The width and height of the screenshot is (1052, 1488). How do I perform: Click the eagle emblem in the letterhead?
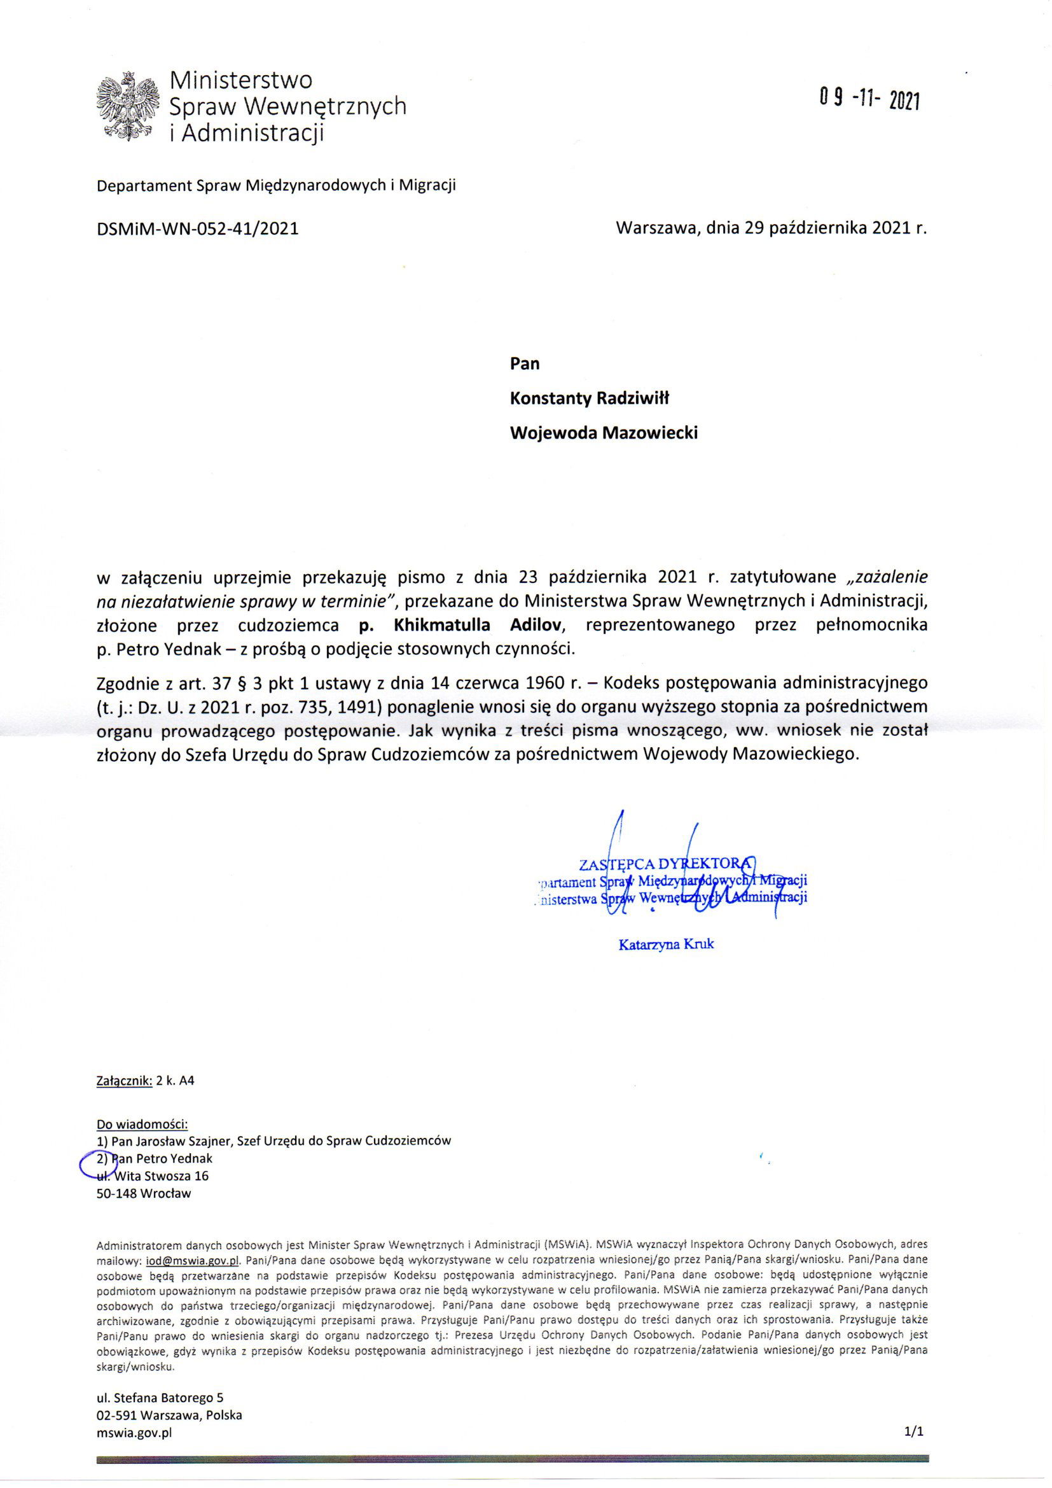pyautogui.click(x=128, y=106)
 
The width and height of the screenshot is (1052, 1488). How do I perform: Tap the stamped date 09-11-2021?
pyautogui.click(x=869, y=100)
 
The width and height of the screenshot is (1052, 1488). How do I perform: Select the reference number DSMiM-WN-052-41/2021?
pyautogui.click(x=198, y=228)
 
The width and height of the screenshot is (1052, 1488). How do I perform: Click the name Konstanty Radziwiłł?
pyautogui.click(x=590, y=398)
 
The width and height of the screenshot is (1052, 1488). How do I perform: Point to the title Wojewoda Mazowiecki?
pyautogui.click(x=604, y=433)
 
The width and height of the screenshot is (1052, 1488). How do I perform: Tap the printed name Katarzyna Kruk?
pyautogui.click(x=667, y=944)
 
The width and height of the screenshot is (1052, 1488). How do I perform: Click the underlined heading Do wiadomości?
pyautogui.click(x=142, y=1123)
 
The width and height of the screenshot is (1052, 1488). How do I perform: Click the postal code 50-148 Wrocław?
pyautogui.click(x=144, y=1193)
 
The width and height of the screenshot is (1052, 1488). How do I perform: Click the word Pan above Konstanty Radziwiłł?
pyautogui.click(x=525, y=363)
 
